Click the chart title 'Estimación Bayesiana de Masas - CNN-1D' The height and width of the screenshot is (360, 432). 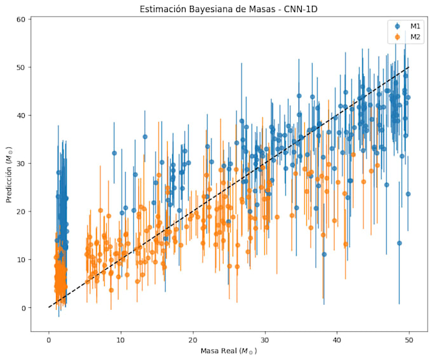pos(229,9)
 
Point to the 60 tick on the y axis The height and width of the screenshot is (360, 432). pos(21,19)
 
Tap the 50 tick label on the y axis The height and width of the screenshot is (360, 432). pos(21,67)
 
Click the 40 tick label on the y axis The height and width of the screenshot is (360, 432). pos(21,116)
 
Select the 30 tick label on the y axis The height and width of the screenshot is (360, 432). pos(21,164)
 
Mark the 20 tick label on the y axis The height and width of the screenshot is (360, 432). pos(21,211)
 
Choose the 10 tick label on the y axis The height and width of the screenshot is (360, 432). pos(21,260)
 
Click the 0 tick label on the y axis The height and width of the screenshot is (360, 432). pos(23,308)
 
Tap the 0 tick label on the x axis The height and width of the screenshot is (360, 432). pos(49,340)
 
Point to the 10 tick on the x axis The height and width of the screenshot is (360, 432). pos(121,340)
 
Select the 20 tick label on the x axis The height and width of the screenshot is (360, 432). pos(193,340)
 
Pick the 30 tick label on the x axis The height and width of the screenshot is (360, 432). pos(265,340)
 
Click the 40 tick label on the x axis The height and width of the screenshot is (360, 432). pos(337,340)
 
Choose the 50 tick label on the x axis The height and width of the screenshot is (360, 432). pos(409,340)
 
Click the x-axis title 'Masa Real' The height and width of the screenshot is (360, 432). pos(219,351)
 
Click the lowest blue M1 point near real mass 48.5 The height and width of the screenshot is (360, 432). pos(399,243)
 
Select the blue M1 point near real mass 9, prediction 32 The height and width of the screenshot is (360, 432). pos(114,153)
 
